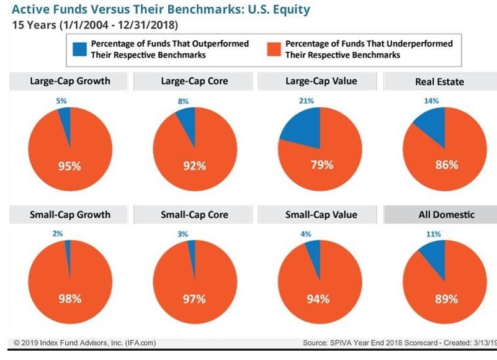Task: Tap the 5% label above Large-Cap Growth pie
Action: (x=60, y=101)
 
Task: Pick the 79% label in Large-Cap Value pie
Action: (x=321, y=165)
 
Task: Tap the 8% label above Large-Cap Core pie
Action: (x=183, y=101)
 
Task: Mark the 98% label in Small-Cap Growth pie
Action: (x=69, y=299)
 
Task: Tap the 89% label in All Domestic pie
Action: (x=446, y=299)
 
